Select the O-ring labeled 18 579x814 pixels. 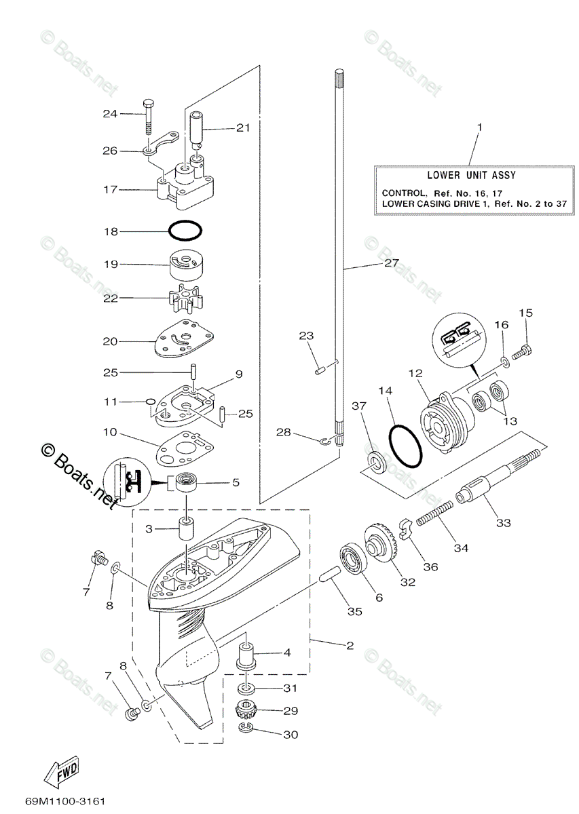pos(185,231)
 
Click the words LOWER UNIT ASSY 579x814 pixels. pos(471,175)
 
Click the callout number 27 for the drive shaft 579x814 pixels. pos(392,263)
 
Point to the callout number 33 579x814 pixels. pos(504,522)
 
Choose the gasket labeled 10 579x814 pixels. pos(185,449)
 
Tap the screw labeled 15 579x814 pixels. pos(522,350)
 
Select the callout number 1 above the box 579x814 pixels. pos(480,128)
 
